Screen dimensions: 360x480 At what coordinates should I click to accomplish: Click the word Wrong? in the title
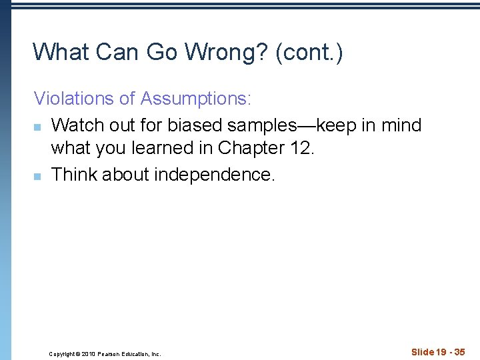tap(221, 52)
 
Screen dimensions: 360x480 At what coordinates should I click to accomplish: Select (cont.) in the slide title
tap(308, 52)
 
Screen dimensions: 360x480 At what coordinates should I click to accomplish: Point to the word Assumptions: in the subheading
tap(196, 99)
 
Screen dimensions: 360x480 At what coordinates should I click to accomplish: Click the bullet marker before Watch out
tap(37, 125)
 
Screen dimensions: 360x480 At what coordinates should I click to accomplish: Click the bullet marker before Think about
tap(37, 175)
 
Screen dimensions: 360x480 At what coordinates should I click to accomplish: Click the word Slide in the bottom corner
tap(422, 352)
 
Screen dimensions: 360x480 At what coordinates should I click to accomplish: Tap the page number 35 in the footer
tap(459, 352)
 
